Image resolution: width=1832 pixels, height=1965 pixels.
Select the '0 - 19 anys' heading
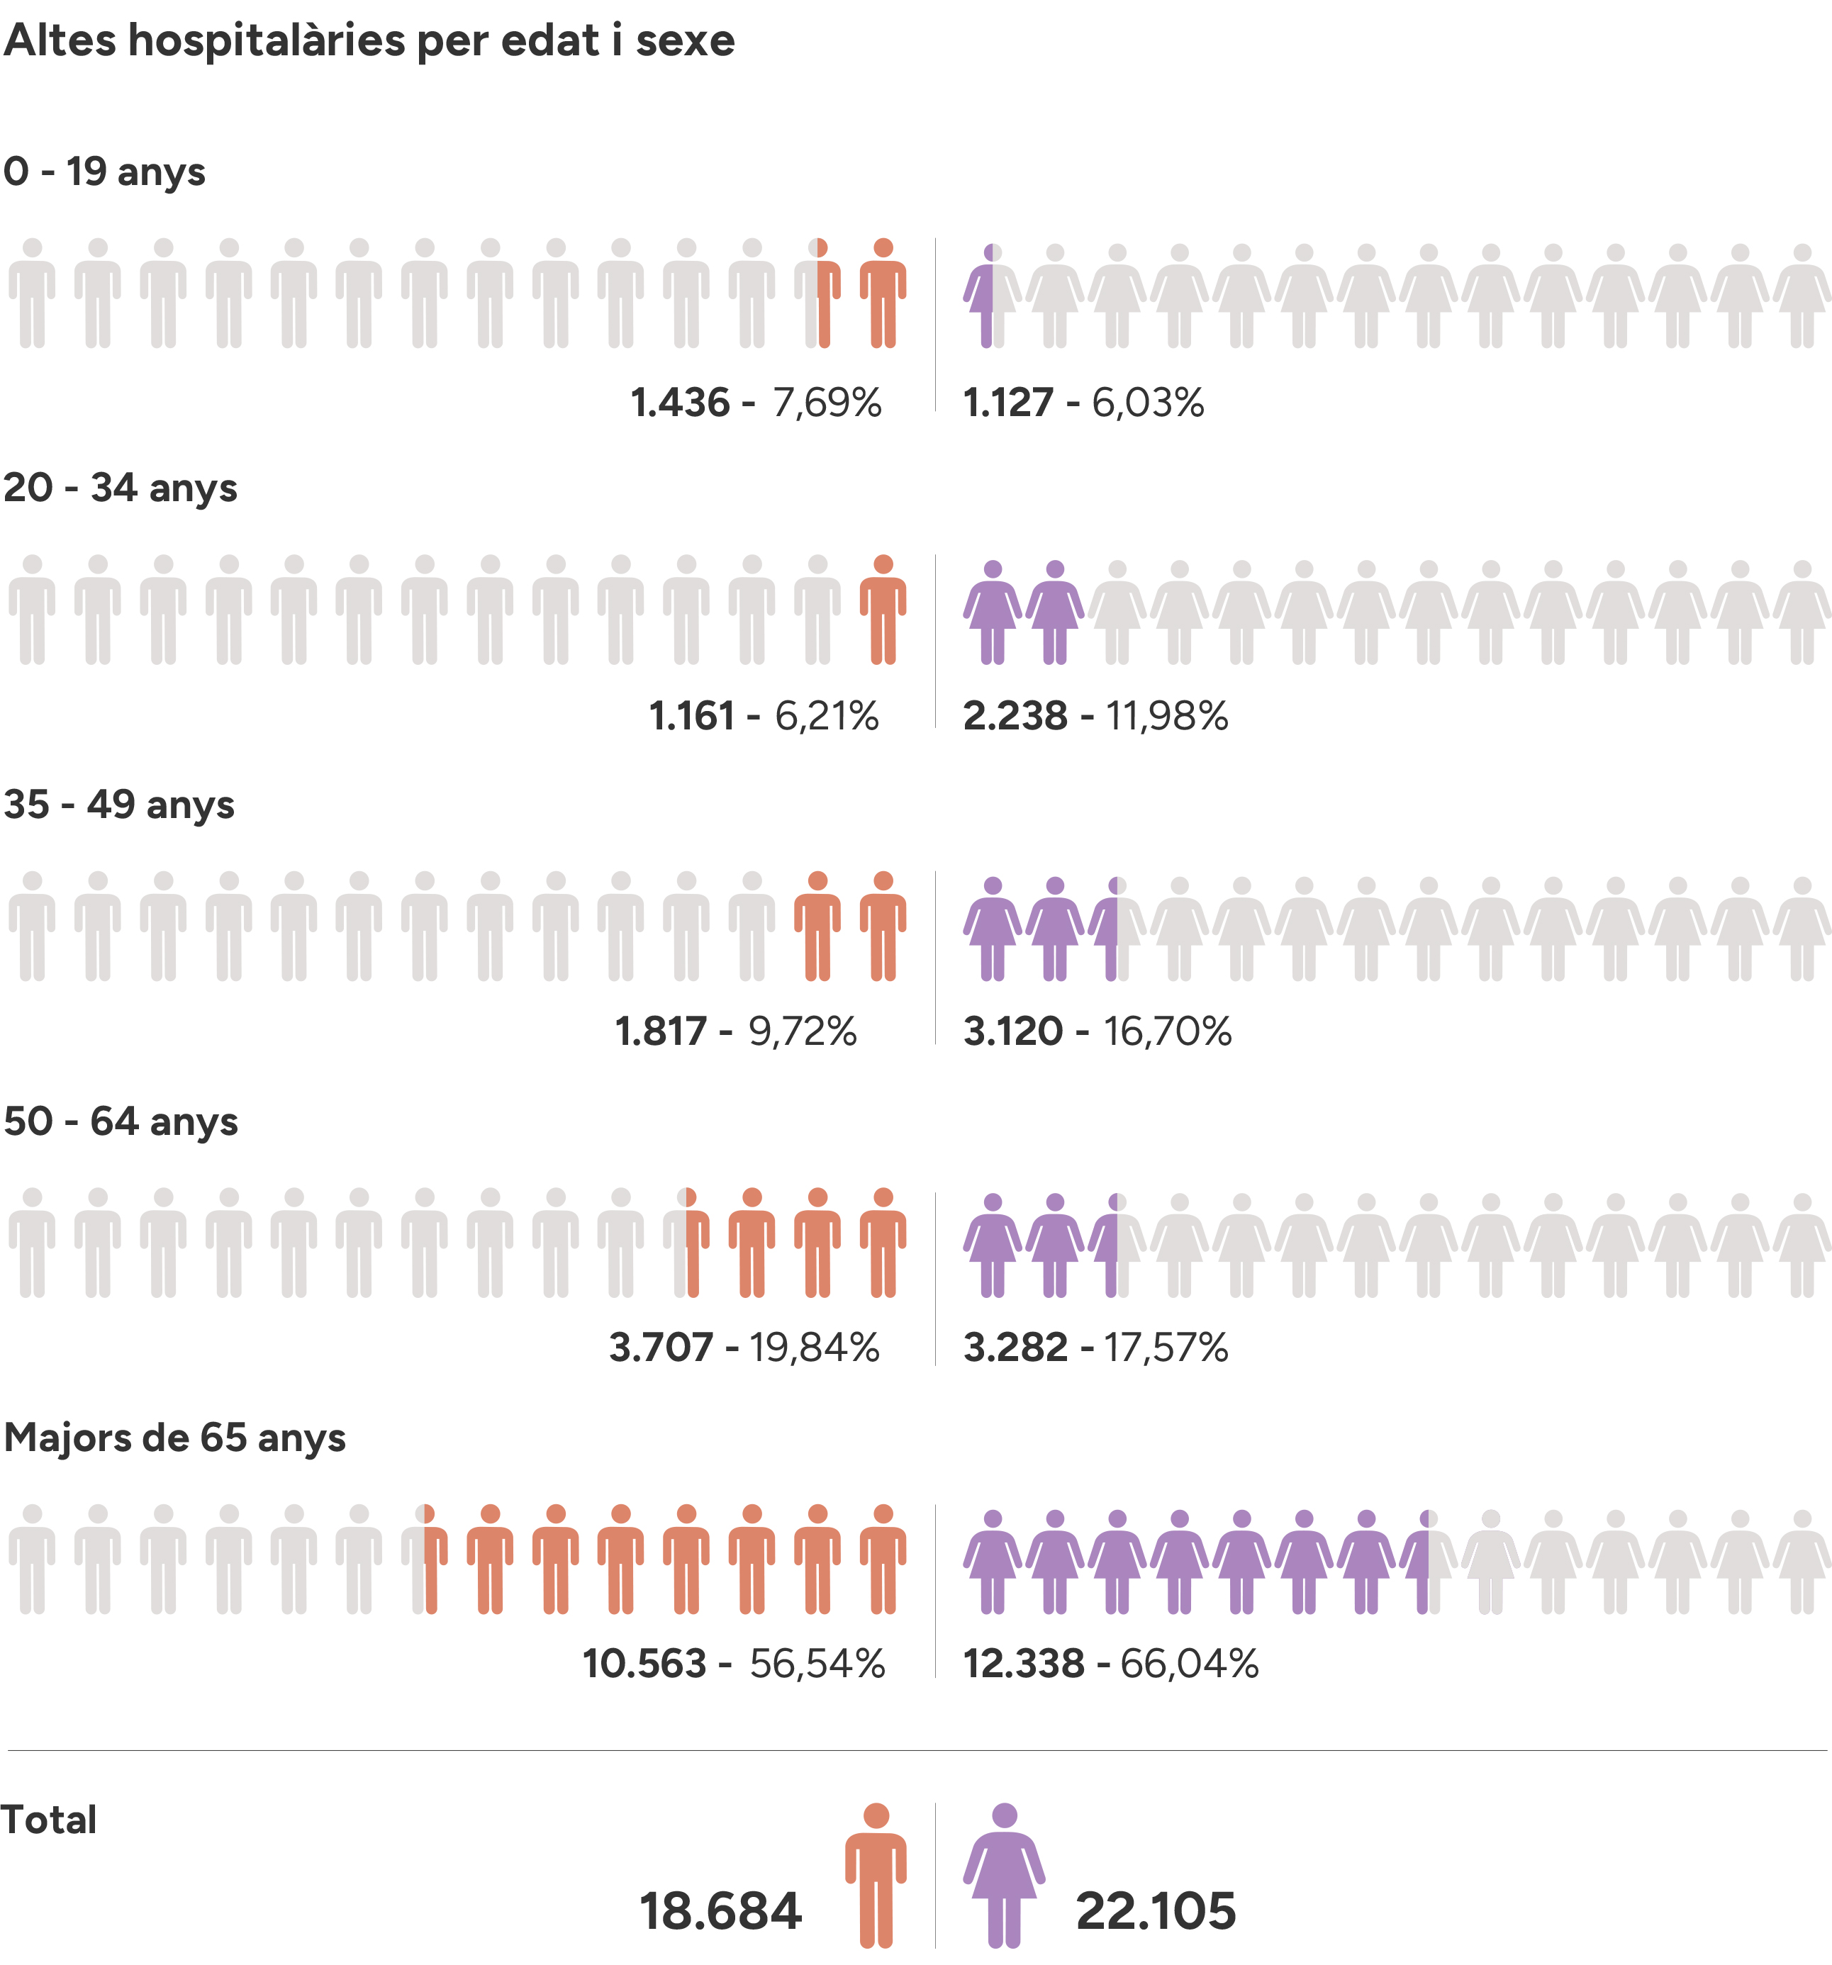104,172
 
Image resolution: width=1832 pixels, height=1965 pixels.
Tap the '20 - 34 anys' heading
120,488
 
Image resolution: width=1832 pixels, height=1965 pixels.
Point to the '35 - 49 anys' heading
118,805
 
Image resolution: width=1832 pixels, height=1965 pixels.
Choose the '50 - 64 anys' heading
121,1122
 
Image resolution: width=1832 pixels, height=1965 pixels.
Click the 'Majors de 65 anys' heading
175,1438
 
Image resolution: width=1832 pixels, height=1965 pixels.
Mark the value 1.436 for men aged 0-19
679,403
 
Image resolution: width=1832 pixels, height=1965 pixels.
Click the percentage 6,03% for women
1148,403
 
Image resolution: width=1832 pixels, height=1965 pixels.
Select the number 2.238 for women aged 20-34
1015,717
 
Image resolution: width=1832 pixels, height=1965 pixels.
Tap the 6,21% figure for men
827,717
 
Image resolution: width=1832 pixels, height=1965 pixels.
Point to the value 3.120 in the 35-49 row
1012,1032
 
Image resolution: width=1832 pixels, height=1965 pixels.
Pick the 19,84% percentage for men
814,1348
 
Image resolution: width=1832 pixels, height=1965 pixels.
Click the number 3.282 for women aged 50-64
1015,1348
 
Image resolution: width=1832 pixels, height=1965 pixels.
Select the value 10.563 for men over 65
644,1664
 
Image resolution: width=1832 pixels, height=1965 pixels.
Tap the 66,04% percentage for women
1190,1664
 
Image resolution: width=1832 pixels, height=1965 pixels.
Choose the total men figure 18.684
720,1912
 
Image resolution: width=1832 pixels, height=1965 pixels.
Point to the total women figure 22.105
1156,1912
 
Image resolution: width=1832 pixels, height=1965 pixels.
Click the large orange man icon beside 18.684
876,1874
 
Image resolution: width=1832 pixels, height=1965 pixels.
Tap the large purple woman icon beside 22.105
1005,1874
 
